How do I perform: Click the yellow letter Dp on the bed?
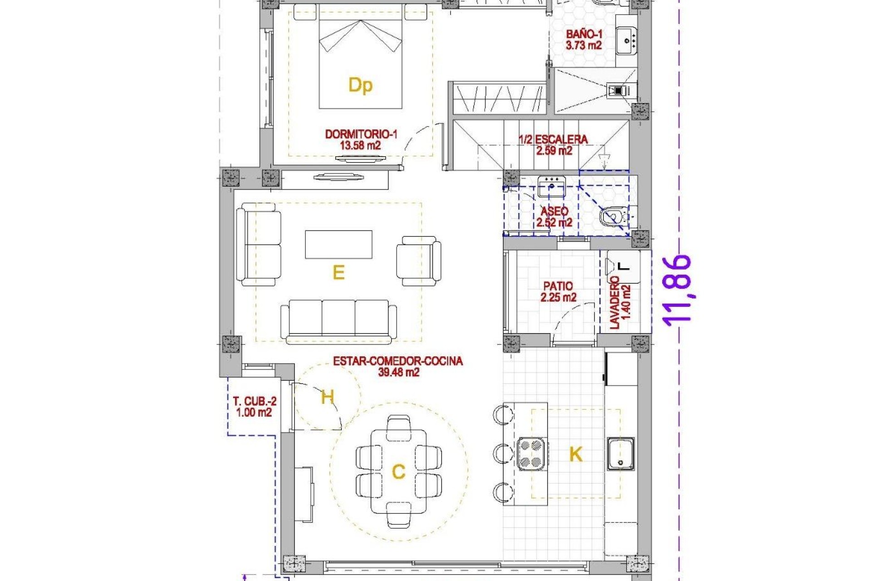pos(360,85)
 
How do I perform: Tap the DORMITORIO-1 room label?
pos(361,134)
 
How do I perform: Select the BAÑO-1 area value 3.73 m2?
pos(583,45)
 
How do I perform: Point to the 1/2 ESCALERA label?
pos(553,139)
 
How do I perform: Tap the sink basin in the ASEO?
pos(551,187)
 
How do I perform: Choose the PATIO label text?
pos(558,286)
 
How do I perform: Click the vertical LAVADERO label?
pos(615,303)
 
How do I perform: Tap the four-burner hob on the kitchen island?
pos(531,453)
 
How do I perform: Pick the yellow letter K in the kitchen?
pos(575,454)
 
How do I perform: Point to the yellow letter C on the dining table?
pos(398,472)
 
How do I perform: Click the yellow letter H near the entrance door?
pos(327,397)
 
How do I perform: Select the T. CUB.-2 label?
pos(254,401)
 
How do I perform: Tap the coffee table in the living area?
pos(338,244)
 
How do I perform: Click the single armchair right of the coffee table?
pos(418,261)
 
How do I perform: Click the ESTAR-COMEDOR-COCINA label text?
pos(398,361)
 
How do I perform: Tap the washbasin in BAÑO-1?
pos(626,40)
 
